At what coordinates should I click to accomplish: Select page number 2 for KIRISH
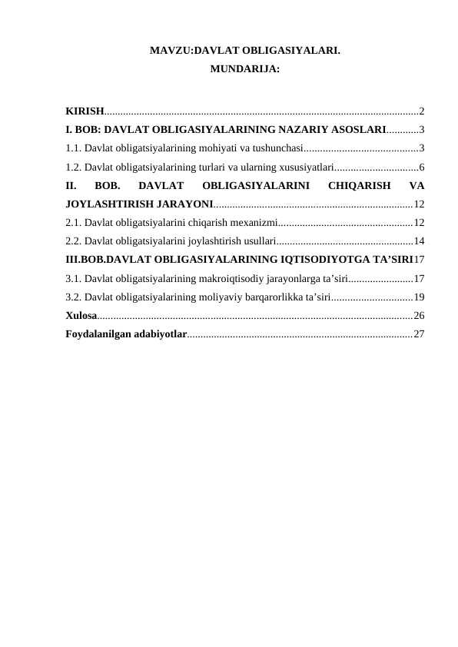pos(422,111)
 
